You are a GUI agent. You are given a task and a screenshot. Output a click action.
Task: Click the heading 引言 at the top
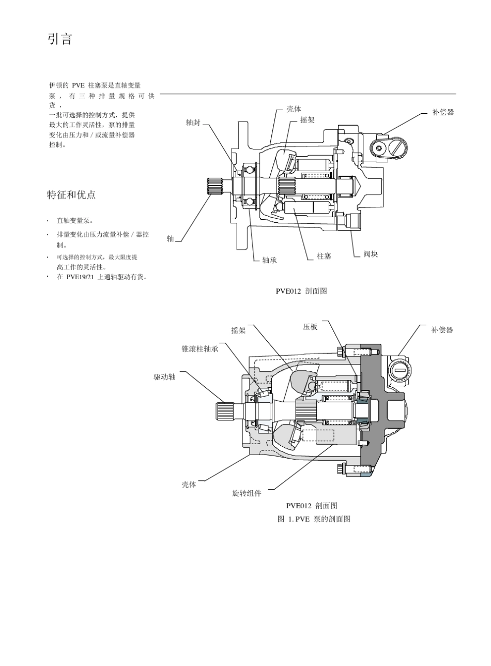click(x=60, y=39)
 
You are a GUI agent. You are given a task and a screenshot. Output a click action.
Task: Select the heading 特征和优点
click(x=71, y=195)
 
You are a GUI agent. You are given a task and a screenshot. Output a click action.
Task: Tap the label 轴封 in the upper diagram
click(x=193, y=123)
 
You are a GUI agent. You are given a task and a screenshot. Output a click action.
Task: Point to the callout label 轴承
click(x=270, y=260)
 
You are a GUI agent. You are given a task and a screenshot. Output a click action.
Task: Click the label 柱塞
click(x=324, y=256)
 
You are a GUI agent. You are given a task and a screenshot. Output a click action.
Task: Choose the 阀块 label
click(x=371, y=254)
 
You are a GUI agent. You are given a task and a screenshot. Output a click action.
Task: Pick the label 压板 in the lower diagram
click(x=310, y=327)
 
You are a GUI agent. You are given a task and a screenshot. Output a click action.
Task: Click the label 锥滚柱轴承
click(x=200, y=349)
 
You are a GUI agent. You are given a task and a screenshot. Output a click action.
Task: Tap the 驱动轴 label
click(x=165, y=377)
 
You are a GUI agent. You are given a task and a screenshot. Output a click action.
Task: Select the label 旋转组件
click(x=247, y=493)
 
